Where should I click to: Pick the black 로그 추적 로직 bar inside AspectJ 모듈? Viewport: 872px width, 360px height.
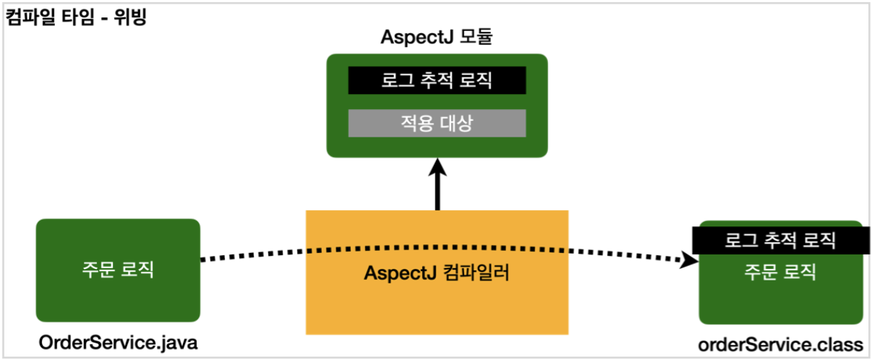(x=437, y=80)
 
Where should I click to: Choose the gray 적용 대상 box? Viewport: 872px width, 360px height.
(x=437, y=123)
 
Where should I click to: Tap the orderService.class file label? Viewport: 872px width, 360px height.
(x=780, y=343)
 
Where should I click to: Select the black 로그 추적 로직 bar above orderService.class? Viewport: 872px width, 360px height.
(x=779, y=240)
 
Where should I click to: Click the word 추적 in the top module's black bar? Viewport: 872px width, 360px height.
(x=437, y=80)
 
